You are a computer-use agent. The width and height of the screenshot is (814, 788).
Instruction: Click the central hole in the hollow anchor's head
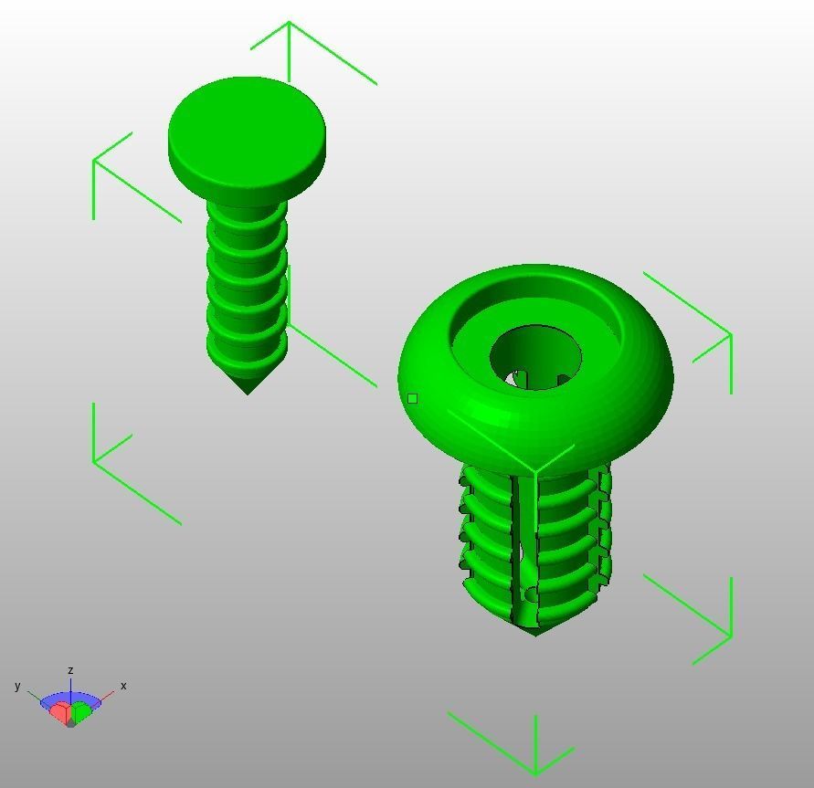click(x=535, y=356)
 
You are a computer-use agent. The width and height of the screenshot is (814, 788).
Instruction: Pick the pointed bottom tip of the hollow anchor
click(x=535, y=632)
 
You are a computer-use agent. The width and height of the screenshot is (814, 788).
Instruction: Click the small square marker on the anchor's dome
click(x=413, y=399)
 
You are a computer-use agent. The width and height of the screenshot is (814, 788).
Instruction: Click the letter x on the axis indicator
click(x=123, y=686)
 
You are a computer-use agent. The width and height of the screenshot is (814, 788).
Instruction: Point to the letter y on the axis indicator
click(x=17, y=686)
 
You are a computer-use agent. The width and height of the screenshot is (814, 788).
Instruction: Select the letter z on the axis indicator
click(x=70, y=671)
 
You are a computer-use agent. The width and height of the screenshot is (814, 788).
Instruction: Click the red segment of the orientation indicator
click(x=60, y=712)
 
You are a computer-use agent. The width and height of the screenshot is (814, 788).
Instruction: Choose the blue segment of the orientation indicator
click(x=70, y=699)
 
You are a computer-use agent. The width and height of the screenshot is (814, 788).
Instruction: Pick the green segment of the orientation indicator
click(x=83, y=711)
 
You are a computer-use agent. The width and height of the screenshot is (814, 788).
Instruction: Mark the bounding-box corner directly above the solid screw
click(x=289, y=23)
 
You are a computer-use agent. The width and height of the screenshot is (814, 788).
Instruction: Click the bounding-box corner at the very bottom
click(x=535, y=772)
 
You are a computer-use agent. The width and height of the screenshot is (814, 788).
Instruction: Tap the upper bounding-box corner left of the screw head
click(x=94, y=161)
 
